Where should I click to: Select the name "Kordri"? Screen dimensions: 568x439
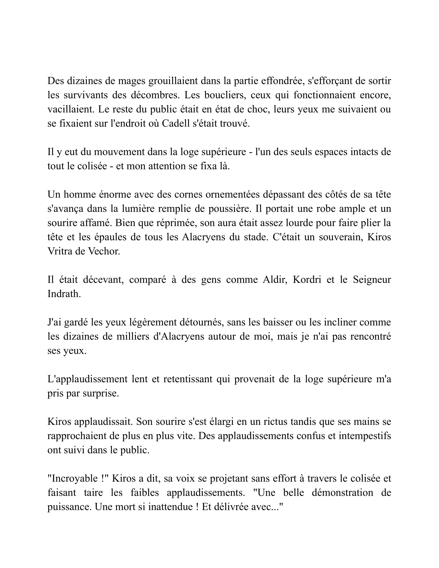(x=307, y=280)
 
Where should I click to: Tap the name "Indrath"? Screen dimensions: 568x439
(x=64, y=294)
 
